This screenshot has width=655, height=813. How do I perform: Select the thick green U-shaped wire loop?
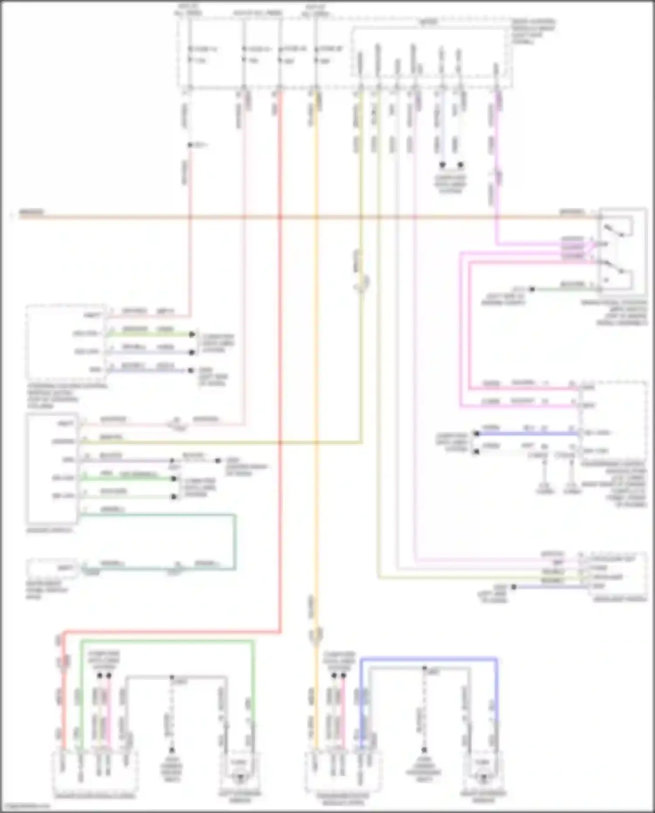pyautogui.click(x=166, y=641)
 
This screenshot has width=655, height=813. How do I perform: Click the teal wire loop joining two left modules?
pyautogui.click(x=235, y=542)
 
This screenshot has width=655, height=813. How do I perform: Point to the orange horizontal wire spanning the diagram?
pyautogui.click(x=306, y=217)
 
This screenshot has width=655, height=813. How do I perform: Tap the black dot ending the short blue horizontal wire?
pyautogui.click(x=476, y=433)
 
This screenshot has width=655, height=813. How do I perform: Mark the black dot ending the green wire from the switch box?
pyautogui.click(x=532, y=289)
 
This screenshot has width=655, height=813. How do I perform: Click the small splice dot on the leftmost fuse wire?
pyautogui.click(x=190, y=145)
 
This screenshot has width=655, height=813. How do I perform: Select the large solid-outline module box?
pyautogui.click(x=52, y=468)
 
